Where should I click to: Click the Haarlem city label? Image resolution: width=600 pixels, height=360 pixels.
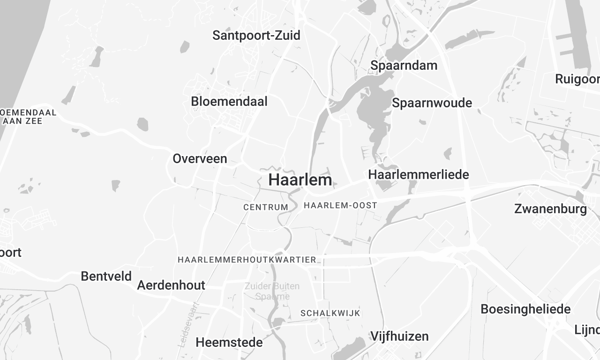point(302,180)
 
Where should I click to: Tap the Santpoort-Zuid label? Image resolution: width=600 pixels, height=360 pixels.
point(256,35)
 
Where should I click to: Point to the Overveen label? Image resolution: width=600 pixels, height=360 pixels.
point(200,159)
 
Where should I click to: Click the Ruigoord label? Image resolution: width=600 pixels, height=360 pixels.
point(578,78)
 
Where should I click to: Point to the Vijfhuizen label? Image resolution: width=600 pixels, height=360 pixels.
point(399,336)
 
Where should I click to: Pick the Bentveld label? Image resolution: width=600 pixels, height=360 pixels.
point(105,275)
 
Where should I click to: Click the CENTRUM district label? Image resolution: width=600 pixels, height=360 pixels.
point(265,207)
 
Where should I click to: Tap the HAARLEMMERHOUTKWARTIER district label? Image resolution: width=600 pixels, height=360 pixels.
point(247,260)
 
